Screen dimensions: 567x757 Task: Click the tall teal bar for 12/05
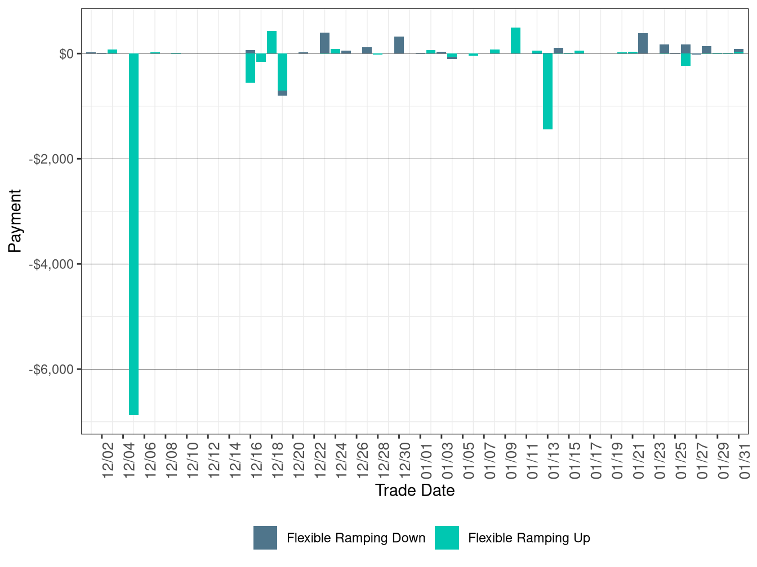pos(133,234)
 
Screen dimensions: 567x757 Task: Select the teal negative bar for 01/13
pos(547,91)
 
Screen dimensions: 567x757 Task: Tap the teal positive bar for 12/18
pos(271,42)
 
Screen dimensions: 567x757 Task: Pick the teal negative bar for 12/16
pos(250,68)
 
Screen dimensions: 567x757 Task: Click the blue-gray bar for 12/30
pos(399,45)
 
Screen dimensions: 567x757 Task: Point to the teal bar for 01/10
pos(515,40)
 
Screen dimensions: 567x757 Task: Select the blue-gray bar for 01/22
pos(643,43)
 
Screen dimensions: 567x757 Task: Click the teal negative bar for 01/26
pos(685,60)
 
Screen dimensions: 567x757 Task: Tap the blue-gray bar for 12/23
pos(324,43)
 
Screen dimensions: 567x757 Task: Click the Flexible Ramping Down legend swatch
pos(265,538)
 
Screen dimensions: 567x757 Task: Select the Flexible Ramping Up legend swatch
pos(447,538)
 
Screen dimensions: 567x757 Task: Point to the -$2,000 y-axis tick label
pos(51,159)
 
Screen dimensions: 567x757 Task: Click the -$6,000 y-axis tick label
pos(51,370)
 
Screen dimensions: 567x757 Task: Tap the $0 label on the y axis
pos(66,54)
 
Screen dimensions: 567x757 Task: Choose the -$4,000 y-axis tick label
pos(51,264)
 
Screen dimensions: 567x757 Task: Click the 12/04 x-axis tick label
pos(129,461)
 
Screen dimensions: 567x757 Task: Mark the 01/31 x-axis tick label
pos(745,461)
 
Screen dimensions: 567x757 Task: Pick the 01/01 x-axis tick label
pos(426,461)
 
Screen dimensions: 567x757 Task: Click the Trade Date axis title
pos(415,490)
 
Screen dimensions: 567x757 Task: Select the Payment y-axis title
pos(15,220)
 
